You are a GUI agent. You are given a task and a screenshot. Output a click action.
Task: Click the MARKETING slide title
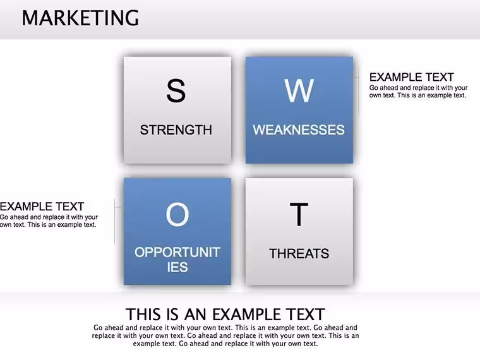80,18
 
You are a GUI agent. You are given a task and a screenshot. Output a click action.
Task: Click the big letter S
176,90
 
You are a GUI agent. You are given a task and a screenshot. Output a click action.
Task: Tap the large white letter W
299,90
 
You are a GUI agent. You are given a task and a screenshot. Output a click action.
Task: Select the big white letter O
177,215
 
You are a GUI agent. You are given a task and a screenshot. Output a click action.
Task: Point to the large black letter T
299,214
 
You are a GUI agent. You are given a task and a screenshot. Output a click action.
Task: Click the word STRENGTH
176,130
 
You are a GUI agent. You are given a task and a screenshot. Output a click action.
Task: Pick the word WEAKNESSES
299,130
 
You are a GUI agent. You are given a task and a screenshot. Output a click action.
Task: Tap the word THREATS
299,254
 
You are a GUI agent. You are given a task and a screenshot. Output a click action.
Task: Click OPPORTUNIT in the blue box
177,252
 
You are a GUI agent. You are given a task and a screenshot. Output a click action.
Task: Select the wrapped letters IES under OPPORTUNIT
177,267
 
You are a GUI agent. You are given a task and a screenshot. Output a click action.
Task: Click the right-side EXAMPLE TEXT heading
411,77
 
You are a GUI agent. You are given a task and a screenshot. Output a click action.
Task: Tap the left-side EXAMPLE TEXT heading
42,207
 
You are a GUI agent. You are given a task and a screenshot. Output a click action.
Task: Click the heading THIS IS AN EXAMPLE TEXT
225,315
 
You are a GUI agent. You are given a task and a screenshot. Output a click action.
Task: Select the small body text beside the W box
418,92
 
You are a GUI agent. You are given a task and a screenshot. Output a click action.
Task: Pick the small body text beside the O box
49,220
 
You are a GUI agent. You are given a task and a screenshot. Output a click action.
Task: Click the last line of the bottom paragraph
225,344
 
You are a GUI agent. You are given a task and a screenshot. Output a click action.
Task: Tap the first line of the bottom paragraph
225,328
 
